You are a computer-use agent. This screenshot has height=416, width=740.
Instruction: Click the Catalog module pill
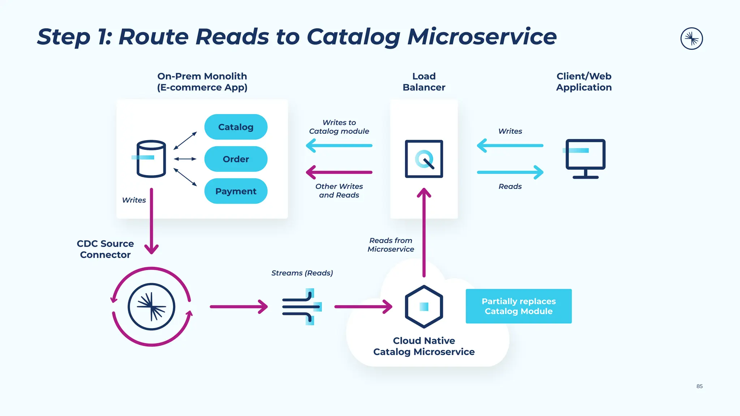point(236,127)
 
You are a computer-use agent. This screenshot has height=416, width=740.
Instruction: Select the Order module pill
point(236,159)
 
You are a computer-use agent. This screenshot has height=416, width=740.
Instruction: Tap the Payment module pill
point(236,191)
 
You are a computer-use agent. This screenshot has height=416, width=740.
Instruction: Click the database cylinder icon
point(151,159)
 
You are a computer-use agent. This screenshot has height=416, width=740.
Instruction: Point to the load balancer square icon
point(424,159)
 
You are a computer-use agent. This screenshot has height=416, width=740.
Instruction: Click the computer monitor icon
point(585,158)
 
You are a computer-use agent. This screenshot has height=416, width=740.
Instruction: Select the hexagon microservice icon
point(424,307)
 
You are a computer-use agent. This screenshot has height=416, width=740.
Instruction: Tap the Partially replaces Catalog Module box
point(519,306)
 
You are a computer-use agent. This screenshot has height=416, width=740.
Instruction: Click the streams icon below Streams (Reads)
point(301,307)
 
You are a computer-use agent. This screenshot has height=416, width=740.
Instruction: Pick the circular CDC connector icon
point(151,307)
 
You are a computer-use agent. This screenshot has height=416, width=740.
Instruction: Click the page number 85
point(700,386)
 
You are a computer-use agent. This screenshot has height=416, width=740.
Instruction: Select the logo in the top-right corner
point(691,38)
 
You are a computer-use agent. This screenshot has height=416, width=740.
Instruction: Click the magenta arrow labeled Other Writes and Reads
point(339,172)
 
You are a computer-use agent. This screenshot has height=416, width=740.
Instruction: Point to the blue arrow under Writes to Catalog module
point(339,146)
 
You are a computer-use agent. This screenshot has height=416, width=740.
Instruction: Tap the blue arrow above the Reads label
point(510,172)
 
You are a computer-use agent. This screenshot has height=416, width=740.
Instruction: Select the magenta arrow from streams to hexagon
point(363,307)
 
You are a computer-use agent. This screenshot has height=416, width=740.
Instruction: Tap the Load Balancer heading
point(424,82)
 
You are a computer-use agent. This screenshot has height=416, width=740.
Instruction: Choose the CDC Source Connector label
point(105,249)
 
